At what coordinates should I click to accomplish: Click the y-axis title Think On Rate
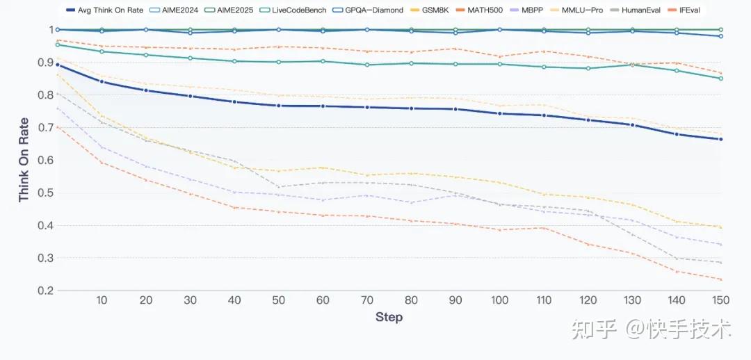point(24,160)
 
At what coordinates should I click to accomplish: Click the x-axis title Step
point(389,317)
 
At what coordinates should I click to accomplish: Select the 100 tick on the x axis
point(499,300)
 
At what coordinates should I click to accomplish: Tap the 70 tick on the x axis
point(367,300)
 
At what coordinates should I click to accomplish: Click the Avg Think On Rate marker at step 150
point(720,139)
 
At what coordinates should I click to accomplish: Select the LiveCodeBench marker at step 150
point(720,78)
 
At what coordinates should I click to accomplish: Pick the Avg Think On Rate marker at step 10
point(102,81)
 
